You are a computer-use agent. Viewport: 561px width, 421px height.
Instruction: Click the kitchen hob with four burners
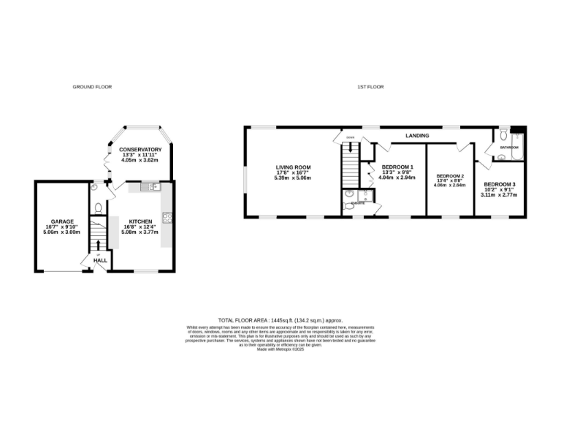click(x=167, y=216)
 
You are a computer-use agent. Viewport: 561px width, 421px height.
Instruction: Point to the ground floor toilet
click(x=97, y=188)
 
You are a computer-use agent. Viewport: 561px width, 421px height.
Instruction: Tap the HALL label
click(x=100, y=260)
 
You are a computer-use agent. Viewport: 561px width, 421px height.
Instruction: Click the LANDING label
click(x=418, y=136)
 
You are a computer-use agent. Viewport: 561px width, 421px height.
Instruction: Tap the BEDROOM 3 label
click(x=500, y=184)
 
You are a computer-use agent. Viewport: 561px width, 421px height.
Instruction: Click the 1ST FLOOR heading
click(x=370, y=87)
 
